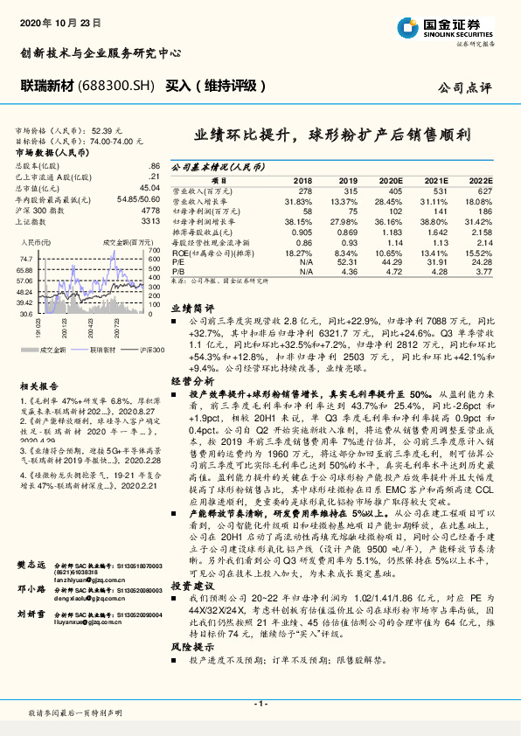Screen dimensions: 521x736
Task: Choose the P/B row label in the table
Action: pos(177,270)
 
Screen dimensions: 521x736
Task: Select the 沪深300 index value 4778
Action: pos(150,211)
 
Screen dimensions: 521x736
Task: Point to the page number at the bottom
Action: pos(260,704)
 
